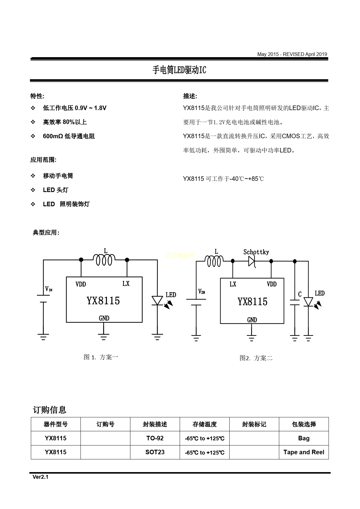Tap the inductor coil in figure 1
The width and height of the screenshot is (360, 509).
[104, 260]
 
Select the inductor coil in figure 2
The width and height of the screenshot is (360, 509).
[214, 261]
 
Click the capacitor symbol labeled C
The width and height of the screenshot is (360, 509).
[295, 302]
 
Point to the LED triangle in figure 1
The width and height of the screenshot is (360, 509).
[157, 301]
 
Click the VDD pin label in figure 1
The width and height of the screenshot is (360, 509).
[81, 284]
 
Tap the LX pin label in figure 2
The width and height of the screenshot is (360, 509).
[233, 284]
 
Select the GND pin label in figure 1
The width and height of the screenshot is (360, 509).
[104, 318]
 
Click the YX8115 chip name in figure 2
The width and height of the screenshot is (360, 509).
[252, 302]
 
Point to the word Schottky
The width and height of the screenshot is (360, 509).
[256, 252]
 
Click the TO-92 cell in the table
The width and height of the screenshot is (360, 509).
[155, 438]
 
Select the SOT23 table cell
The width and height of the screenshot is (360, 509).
[155, 452]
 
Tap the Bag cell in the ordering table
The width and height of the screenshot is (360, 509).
[304, 438]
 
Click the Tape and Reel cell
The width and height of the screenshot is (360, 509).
[304, 452]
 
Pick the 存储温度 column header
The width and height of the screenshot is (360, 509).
[205, 424]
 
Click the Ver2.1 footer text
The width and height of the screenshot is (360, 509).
[41, 477]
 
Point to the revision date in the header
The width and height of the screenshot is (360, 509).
[292, 54]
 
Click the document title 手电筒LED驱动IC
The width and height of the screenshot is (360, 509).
[179, 70]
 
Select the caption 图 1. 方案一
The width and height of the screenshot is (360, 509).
[101, 357]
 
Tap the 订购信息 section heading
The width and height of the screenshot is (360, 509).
[50, 410]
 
